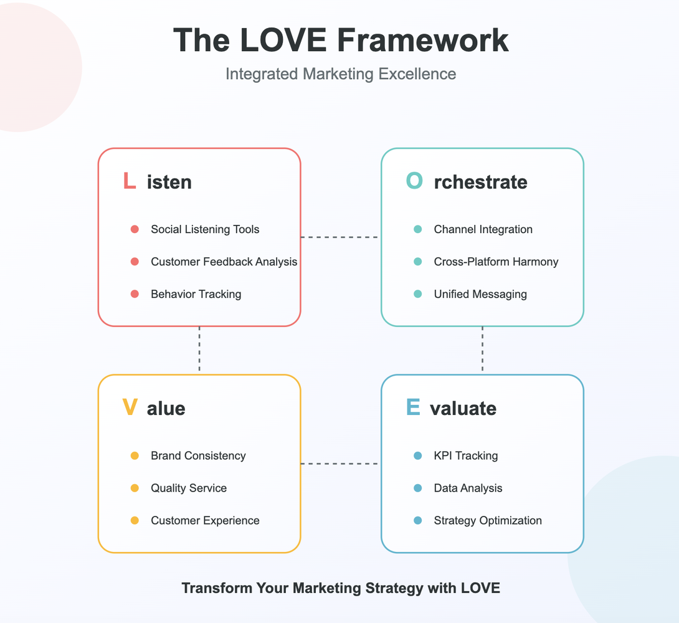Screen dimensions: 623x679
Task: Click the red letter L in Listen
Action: coord(130,181)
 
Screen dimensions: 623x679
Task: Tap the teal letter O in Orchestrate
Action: coord(414,181)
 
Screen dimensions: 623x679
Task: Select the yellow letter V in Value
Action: coord(130,408)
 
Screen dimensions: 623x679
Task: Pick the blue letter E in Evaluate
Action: coord(412,408)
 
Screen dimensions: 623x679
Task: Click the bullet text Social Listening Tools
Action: coord(205,229)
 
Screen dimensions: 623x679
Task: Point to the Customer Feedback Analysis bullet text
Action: coord(224,262)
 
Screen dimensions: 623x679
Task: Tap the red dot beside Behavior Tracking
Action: coord(135,294)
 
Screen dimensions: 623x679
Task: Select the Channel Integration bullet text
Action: coord(483,229)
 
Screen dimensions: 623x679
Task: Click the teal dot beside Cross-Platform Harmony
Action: coord(418,262)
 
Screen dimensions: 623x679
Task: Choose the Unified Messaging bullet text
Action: coord(480,294)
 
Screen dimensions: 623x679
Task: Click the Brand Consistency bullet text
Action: coord(198,456)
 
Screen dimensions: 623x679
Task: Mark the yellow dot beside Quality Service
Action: coord(135,488)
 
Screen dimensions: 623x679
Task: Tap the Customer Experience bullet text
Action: coord(205,521)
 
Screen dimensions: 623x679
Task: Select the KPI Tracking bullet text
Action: coord(465,456)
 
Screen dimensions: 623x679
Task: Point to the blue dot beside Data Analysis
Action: coord(418,488)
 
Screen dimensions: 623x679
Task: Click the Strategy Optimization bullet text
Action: coord(488,521)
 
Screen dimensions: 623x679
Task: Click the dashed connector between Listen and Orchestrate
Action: coord(340,237)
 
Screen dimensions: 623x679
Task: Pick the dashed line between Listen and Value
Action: coord(199,350)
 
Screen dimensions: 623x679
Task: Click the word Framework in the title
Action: coord(423,40)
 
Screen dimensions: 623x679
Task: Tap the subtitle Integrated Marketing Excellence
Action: coord(340,74)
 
